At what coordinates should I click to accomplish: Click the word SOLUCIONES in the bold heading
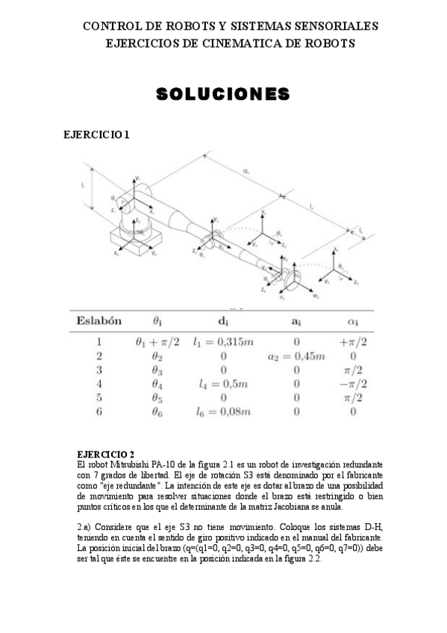point(222,94)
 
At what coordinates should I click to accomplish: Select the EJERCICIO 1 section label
point(97,135)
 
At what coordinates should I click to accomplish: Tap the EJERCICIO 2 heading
point(106,453)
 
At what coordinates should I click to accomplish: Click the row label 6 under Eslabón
point(99,411)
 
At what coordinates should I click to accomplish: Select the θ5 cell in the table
point(155,398)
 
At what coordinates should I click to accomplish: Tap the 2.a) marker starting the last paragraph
point(85,526)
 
